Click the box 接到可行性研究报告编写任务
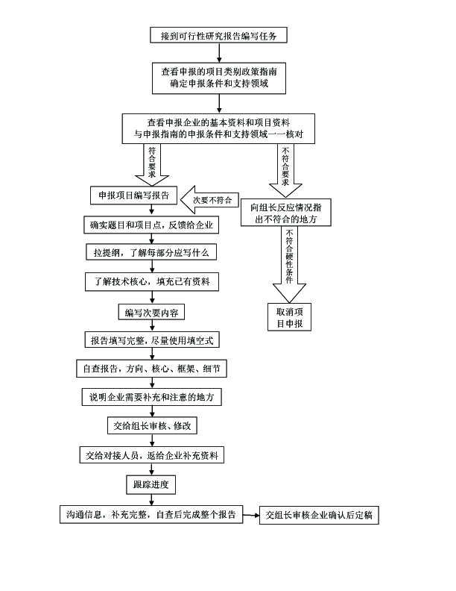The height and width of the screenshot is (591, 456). coord(218,35)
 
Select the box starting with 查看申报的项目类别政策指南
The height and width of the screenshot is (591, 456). coord(218,78)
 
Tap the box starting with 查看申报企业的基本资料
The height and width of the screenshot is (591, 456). coord(218,128)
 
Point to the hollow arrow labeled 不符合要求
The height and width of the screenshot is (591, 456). coord(285,168)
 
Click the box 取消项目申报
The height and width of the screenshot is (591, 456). coord(288,316)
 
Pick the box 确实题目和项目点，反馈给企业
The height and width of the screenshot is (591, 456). coord(152,225)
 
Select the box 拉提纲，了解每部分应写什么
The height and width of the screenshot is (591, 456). coord(152,253)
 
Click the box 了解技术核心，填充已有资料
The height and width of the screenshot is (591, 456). coord(152,282)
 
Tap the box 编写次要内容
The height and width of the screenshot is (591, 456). coord(152,311)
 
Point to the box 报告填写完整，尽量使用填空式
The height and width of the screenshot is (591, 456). coord(152,340)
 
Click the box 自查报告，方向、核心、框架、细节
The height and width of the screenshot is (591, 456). coord(152,369)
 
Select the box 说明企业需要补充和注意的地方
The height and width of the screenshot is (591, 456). coord(152,398)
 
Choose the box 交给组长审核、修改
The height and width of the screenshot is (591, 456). coord(152,426)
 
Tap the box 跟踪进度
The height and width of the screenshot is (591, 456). coord(151,485)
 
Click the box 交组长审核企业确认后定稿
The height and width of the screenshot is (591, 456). coord(318,515)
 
